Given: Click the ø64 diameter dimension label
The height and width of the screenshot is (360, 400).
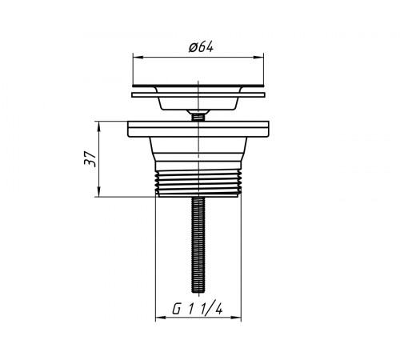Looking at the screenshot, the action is tap(201, 47).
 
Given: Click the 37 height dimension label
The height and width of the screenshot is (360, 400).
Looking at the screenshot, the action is tap(90, 158).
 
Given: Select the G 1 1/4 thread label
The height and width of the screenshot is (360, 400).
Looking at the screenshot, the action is tap(198, 310).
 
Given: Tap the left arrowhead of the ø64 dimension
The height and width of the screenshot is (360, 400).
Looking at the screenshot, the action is tap(138, 57).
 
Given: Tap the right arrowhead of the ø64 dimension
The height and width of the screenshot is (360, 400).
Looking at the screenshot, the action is tap(258, 57).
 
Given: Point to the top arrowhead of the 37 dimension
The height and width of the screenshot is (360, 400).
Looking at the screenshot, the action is tap(98, 126).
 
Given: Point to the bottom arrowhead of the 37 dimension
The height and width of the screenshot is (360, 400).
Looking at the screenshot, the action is tap(98, 192).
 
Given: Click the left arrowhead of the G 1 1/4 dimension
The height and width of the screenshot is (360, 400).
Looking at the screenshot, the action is tap(161, 318).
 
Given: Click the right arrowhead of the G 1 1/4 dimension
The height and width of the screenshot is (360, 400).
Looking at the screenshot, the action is tap(236, 318).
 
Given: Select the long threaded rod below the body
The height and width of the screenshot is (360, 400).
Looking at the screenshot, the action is tap(198, 245).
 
